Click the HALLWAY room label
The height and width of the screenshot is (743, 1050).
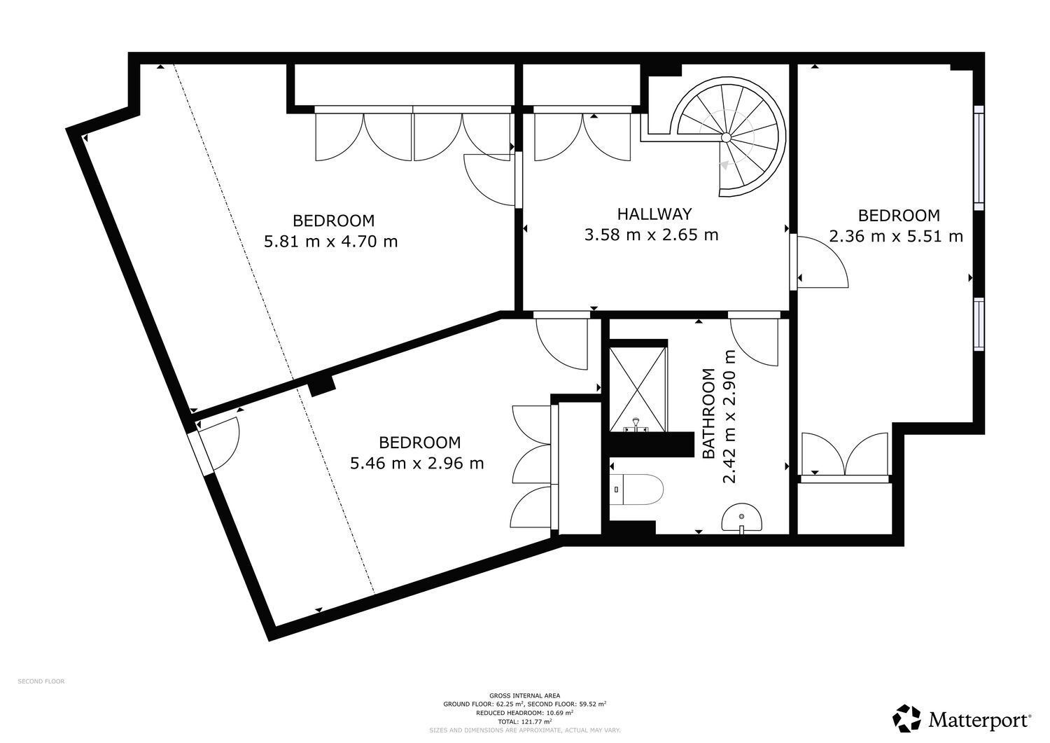tap(654, 214)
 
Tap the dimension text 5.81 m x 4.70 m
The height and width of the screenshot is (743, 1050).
tap(330, 242)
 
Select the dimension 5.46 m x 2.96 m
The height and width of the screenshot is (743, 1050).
tap(416, 464)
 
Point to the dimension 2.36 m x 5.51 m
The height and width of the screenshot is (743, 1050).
tap(896, 236)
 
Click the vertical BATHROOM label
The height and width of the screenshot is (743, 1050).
tap(708, 413)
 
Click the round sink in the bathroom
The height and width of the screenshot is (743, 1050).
tap(741, 519)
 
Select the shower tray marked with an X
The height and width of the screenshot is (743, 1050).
tap(638, 389)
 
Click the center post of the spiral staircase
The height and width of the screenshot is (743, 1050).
tap(725, 137)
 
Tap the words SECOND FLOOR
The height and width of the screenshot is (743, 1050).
tap(41, 681)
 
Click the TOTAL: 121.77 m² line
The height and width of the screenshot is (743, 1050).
tap(524, 721)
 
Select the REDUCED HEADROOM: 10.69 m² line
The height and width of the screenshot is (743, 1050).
tap(524, 713)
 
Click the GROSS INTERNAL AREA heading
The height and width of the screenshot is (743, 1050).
tap(524, 695)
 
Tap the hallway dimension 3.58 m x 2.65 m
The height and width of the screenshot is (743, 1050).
tap(651, 235)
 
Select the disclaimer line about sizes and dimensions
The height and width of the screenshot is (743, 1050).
tap(524, 730)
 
